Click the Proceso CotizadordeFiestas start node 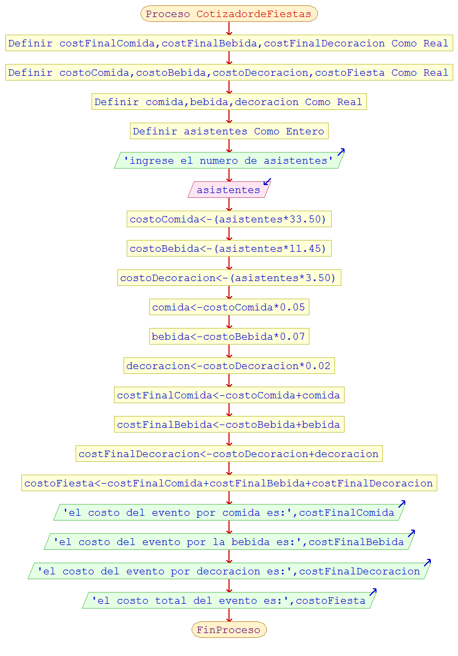tap(229, 14)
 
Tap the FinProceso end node tap(229, 630)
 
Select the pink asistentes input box tap(228, 190)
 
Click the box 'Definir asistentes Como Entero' tap(229, 131)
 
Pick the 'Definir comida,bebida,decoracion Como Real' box tap(229, 102)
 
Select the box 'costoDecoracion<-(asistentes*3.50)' tap(229, 278)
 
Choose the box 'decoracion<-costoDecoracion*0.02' tap(229, 366)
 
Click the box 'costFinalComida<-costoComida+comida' tap(229, 395)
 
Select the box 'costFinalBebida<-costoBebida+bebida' tap(229, 425)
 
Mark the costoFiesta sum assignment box tap(229, 483)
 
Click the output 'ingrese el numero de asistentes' tap(229, 161)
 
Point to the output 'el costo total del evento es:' tap(229, 601)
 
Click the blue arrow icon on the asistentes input tap(267, 182)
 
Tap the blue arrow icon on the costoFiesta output tap(373, 592)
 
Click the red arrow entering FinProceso tap(230, 617)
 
